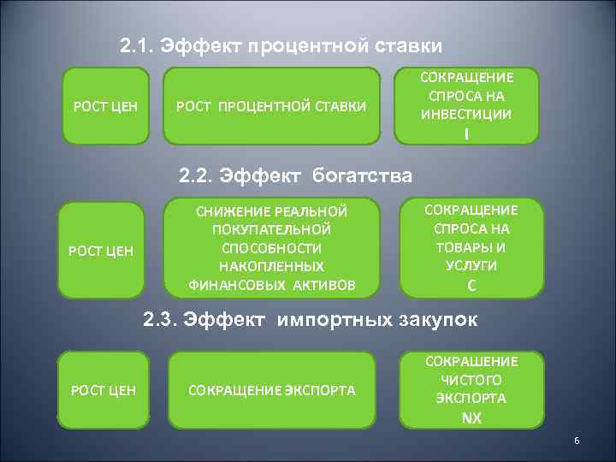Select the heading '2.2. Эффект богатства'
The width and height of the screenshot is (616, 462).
[295, 175]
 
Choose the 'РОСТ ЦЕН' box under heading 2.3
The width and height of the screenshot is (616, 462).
[103, 390]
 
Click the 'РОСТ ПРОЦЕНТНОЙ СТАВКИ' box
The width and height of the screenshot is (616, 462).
[270, 106]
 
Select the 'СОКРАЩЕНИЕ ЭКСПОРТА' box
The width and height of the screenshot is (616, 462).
[272, 390]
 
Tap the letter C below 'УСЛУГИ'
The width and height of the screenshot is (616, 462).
[472, 285]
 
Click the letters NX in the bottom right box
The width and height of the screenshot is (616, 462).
[471, 418]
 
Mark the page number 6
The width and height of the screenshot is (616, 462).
[577, 441]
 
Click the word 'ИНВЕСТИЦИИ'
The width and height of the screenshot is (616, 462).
[467, 114]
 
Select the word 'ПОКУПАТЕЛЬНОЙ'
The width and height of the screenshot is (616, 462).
[271, 229]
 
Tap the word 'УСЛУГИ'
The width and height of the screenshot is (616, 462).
[472, 265]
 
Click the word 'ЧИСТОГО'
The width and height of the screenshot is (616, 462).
[471, 380]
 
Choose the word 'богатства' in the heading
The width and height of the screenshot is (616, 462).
[363, 175]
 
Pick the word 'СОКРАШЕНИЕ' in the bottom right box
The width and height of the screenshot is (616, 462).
[471, 361]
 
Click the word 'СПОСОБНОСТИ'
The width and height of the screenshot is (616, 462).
[271, 248]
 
